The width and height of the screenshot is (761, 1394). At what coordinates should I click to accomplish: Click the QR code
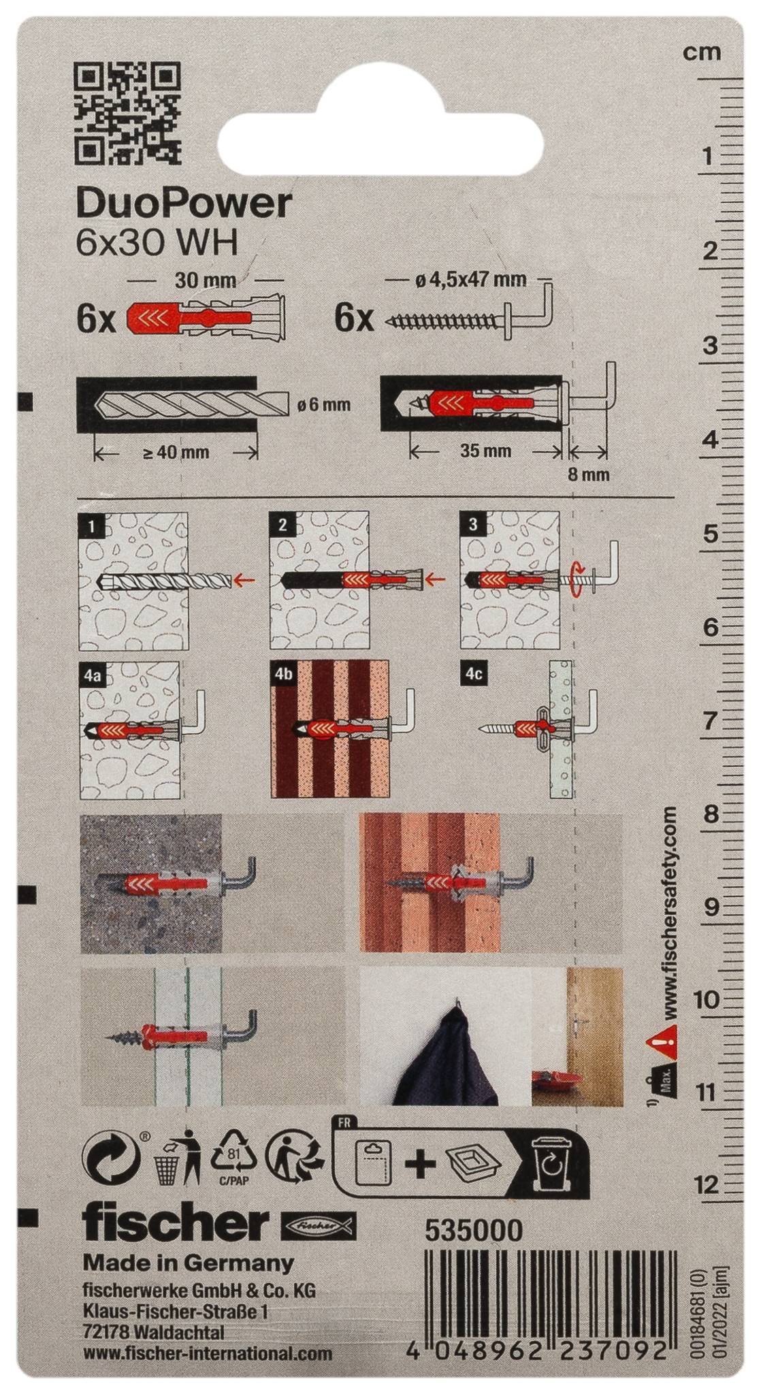[128, 114]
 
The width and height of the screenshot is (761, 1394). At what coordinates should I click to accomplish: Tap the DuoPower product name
[184, 202]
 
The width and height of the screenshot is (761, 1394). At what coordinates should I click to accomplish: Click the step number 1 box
[92, 525]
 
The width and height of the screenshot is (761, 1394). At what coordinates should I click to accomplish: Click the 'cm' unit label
[701, 52]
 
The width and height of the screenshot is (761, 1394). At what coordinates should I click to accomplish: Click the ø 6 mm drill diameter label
[324, 406]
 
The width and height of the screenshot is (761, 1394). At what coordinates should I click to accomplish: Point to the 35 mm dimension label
[485, 451]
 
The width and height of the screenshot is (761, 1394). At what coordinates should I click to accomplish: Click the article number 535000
[474, 1231]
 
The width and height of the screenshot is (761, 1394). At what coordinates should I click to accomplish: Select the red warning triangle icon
[662, 1038]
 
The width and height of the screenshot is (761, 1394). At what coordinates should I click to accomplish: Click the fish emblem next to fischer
[319, 1225]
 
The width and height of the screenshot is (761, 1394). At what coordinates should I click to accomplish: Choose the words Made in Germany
[189, 1264]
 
